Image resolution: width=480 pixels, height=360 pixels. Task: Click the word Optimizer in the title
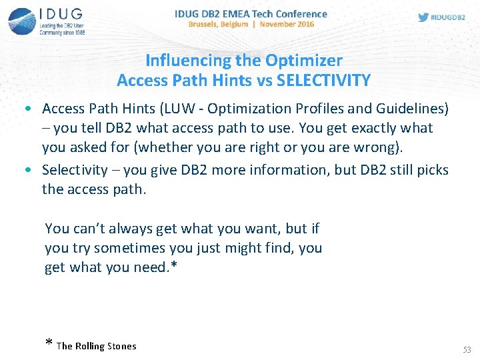303,61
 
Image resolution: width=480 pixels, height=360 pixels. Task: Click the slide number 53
466,349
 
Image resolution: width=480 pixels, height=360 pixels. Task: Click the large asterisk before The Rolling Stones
49,345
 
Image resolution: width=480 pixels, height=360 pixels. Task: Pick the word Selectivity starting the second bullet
75,169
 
